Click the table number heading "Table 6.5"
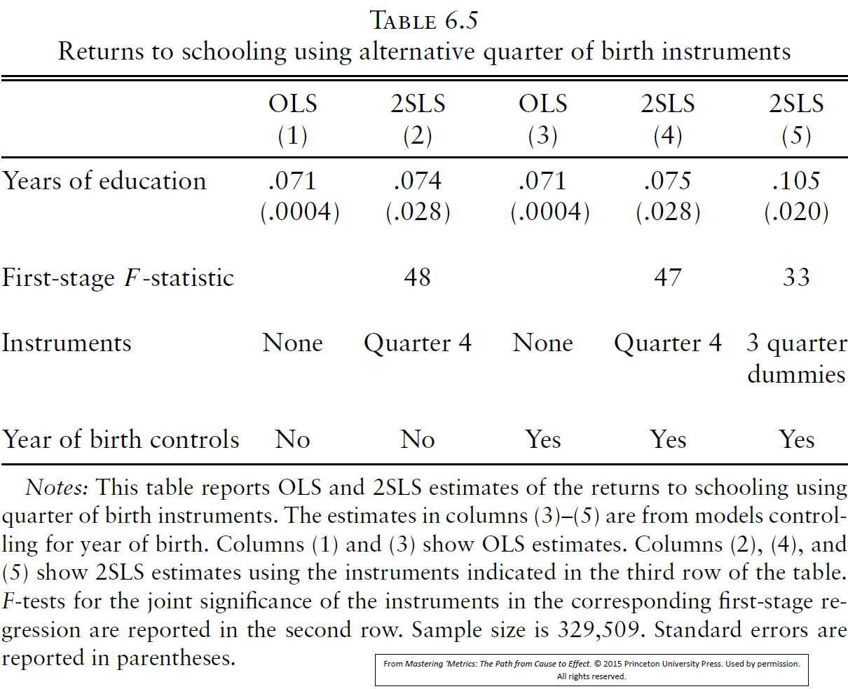pyautogui.click(x=424, y=20)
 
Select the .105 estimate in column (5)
pyautogui.click(x=796, y=181)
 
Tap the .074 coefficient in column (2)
pyautogui.click(x=418, y=181)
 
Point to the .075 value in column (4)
pyautogui.click(x=667, y=181)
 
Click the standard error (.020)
pyautogui.click(x=796, y=212)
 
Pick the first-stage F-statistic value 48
pyautogui.click(x=418, y=278)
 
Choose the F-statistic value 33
pyautogui.click(x=796, y=278)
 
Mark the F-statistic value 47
pyautogui.click(x=667, y=278)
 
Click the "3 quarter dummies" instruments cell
pyautogui.click(x=796, y=358)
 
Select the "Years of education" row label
pyautogui.click(x=104, y=181)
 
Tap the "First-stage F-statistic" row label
pyautogui.click(x=118, y=278)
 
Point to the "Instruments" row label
pyautogui.click(x=67, y=343)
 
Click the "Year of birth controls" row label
pyautogui.click(x=121, y=439)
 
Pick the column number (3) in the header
pyautogui.click(x=542, y=135)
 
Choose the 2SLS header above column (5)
pyautogui.click(x=796, y=104)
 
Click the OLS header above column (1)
pyautogui.click(x=293, y=104)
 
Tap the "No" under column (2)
pyautogui.click(x=418, y=439)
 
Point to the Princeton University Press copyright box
pyautogui.click(x=591, y=670)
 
